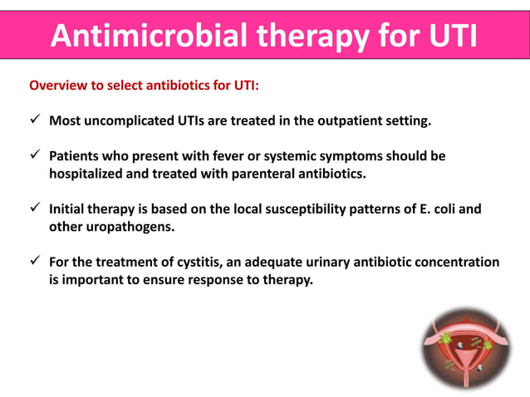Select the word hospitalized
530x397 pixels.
(88, 174)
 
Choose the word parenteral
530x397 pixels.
(273, 174)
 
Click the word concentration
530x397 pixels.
(459, 262)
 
